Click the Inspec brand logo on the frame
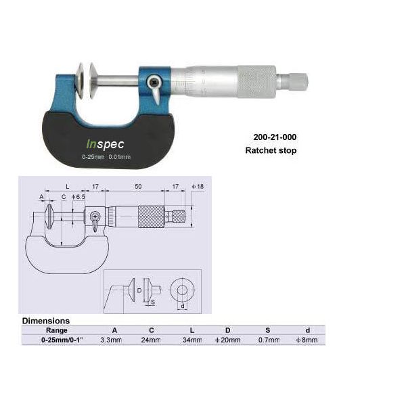coord(105,145)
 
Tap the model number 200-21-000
coord(275,137)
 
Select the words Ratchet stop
coord(271,150)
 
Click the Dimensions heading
coord(46,321)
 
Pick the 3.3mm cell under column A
coord(111,340)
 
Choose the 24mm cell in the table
coord(151,340)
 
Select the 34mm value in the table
coord(192,340)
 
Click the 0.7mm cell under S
coord(269,340)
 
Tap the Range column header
coord(56,330)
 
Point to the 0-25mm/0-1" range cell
coord(62,340)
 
